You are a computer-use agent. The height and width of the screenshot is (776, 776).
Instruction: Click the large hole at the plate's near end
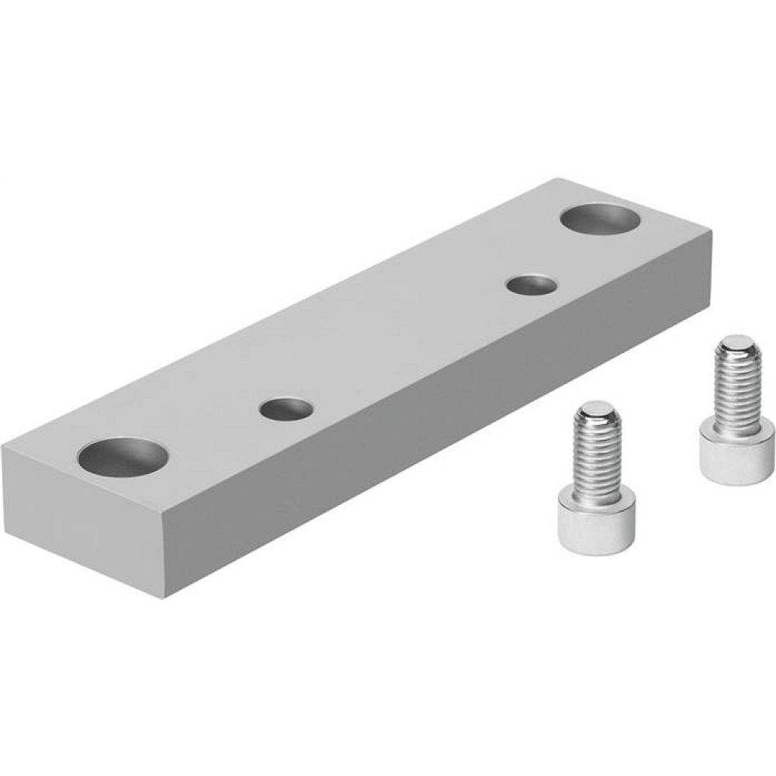click(x=123, y=456)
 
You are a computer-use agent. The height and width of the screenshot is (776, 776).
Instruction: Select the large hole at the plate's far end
click(x=601, y=218)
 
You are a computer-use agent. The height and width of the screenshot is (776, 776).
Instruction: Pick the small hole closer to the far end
click(x=531, y=284)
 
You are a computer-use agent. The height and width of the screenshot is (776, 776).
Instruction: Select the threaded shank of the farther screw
click(x=736, y=388)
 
